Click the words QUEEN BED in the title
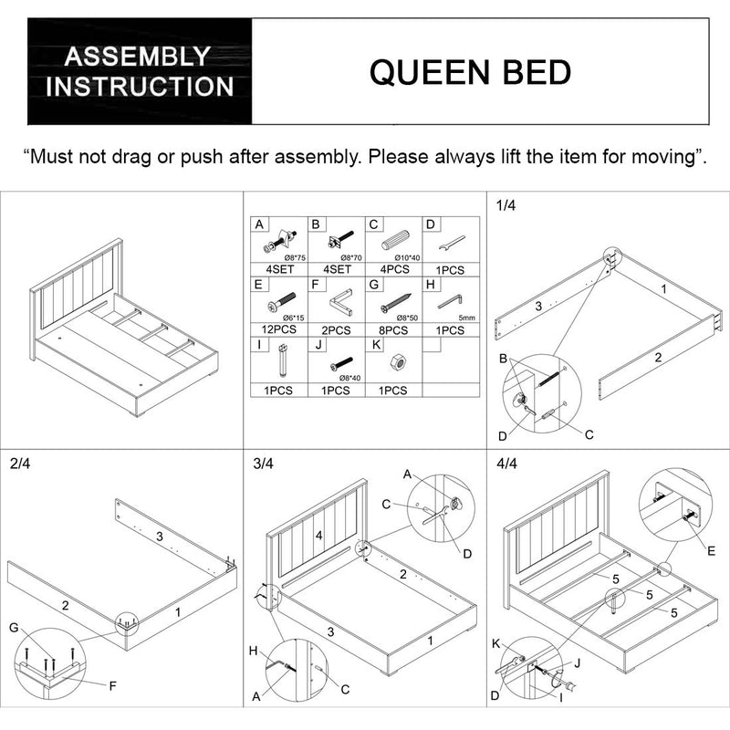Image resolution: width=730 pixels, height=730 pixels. [470, 73]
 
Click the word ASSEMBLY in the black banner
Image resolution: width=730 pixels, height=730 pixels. [138, 57]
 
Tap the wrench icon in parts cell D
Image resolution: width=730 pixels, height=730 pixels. [452, 244]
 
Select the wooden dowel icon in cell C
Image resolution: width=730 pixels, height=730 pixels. [395, 241]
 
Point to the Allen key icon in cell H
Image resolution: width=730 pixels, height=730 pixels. [450, 302]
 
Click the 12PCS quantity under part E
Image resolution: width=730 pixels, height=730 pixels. [279, 329]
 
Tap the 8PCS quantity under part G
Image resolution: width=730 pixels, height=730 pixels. [393, 330]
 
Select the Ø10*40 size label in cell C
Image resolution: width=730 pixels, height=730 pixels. [407, 258]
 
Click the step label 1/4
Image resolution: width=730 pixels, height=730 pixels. [506, 205]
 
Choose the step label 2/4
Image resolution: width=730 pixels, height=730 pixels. [20, 464]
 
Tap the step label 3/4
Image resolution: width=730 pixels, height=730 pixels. [264, 464]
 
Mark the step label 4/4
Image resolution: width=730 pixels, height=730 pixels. [507, 464]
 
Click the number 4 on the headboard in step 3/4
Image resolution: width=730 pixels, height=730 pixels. [318, 536]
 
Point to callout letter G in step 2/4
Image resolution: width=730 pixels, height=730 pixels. [14, 628]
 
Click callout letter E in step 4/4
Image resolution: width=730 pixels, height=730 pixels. [711, 551]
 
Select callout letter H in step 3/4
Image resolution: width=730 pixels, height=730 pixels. [254, 651]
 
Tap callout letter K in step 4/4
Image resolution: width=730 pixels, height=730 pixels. [496, 644]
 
